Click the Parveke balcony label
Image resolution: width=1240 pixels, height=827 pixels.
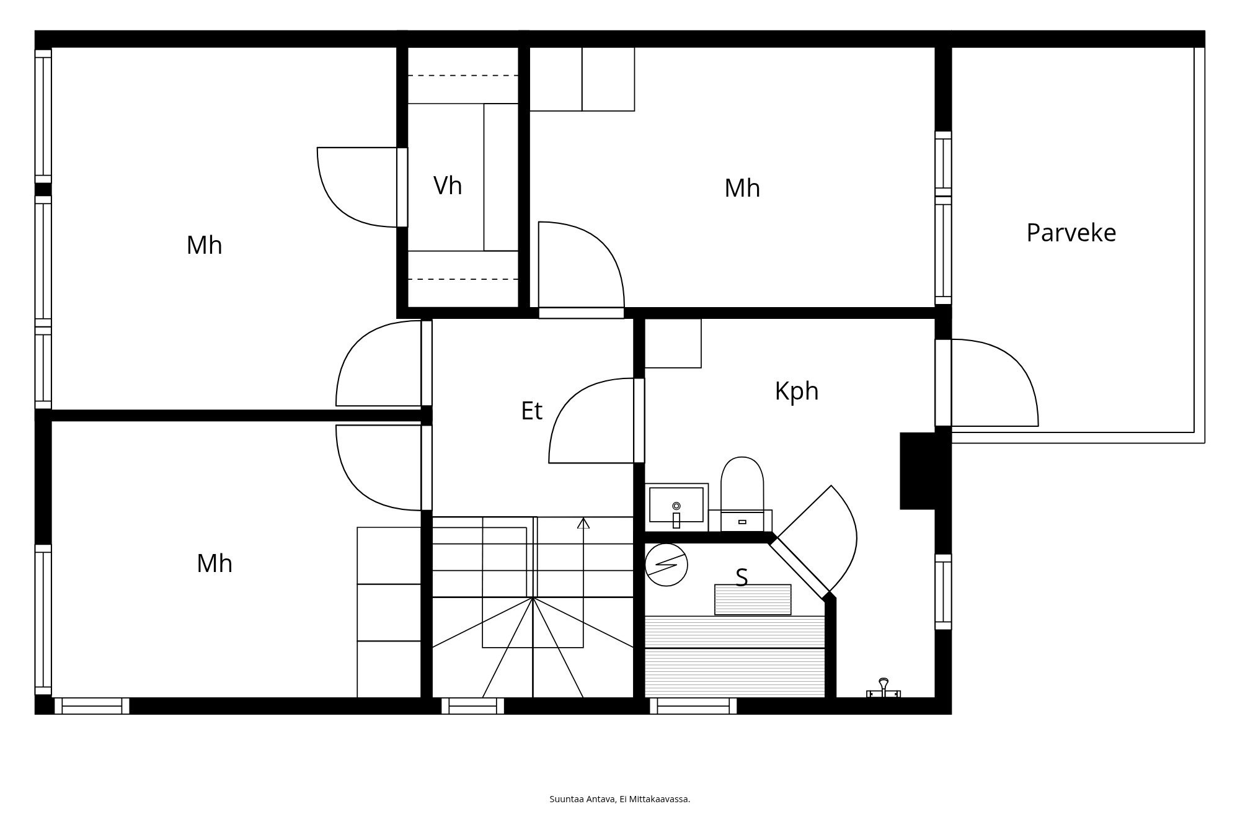click(x=1071, y=233)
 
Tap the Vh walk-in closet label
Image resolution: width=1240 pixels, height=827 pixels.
click(x=448, y=186)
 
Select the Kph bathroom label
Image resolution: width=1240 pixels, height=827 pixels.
click(x=797, y=391)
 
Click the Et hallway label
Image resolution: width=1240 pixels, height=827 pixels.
click(x=531, y=411)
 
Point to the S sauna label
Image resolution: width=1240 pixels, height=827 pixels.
click(x=742, y=578)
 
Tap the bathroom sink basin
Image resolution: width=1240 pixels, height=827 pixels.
click(x=676, y=504)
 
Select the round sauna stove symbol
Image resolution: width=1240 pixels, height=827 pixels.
click(x=666, y=565)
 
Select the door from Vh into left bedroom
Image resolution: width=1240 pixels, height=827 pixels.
click(x=360, y=186)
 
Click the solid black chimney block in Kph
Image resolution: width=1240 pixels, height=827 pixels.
click(x=918, y=471)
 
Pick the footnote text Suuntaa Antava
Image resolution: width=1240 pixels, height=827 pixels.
click(x=582, y=799)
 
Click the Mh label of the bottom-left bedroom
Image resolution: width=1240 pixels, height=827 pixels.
click(x=215, y=563)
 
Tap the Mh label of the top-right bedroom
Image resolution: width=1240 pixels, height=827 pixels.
click(x=742, y=188)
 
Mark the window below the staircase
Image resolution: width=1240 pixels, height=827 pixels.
click(x=472, y=706)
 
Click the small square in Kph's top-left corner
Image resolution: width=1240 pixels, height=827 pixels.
click(x=673, y=343)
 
